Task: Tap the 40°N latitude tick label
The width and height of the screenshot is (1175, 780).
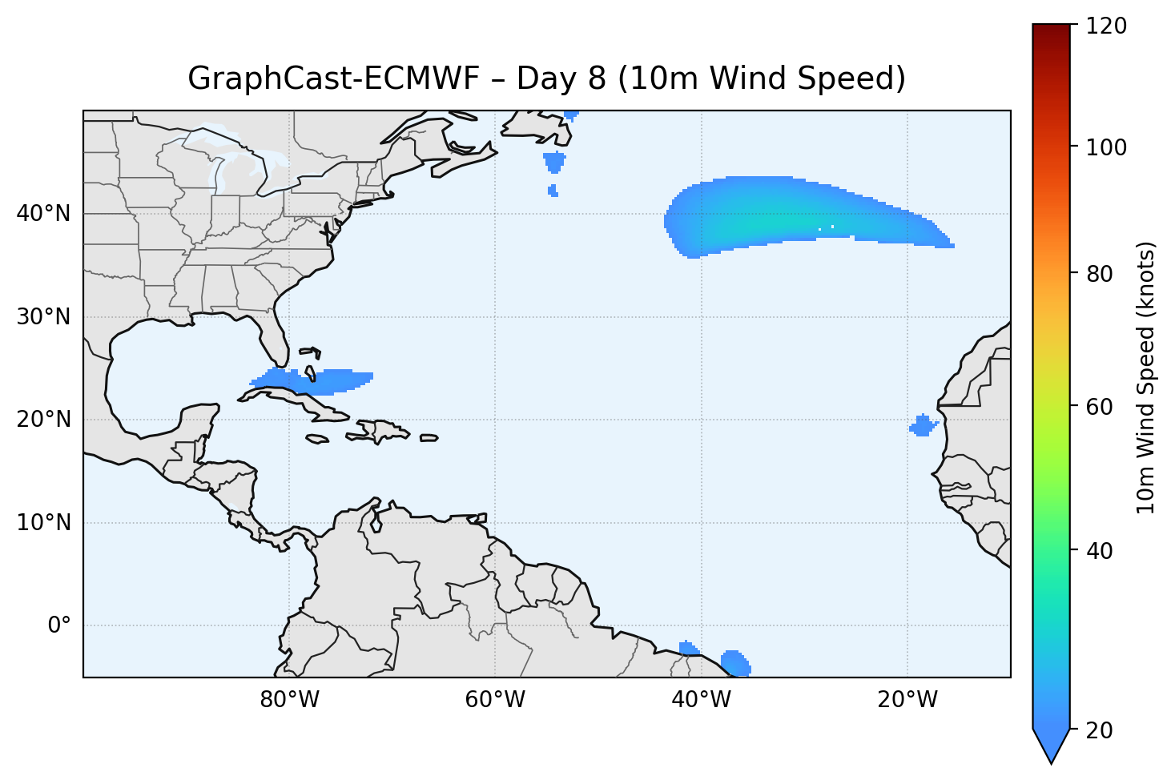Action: point(43,214)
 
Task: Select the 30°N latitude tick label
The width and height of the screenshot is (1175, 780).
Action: point(43,317)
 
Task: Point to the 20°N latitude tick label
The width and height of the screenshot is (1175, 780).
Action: point(43,420)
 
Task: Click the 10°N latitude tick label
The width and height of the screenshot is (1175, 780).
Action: point(43,523)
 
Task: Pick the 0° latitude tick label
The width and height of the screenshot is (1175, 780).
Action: point(59,625)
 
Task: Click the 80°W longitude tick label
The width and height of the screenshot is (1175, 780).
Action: point(289,700)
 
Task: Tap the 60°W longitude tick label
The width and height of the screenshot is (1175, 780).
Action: point(495,700)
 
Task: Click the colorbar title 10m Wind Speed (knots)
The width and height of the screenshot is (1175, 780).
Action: point(1147,378)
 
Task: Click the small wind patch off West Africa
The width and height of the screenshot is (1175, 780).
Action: point(924,425)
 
